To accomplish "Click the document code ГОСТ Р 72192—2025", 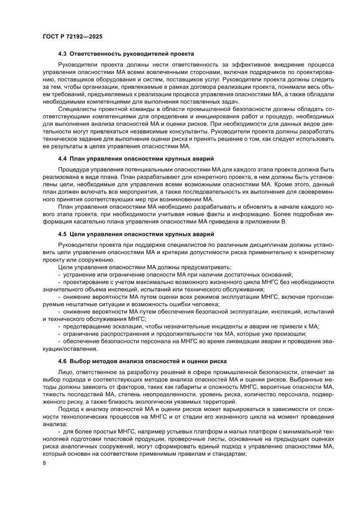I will tap(72, 37).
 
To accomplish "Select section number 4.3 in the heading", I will tap(63, 54).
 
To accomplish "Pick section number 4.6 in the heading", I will tap(63, 361).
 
